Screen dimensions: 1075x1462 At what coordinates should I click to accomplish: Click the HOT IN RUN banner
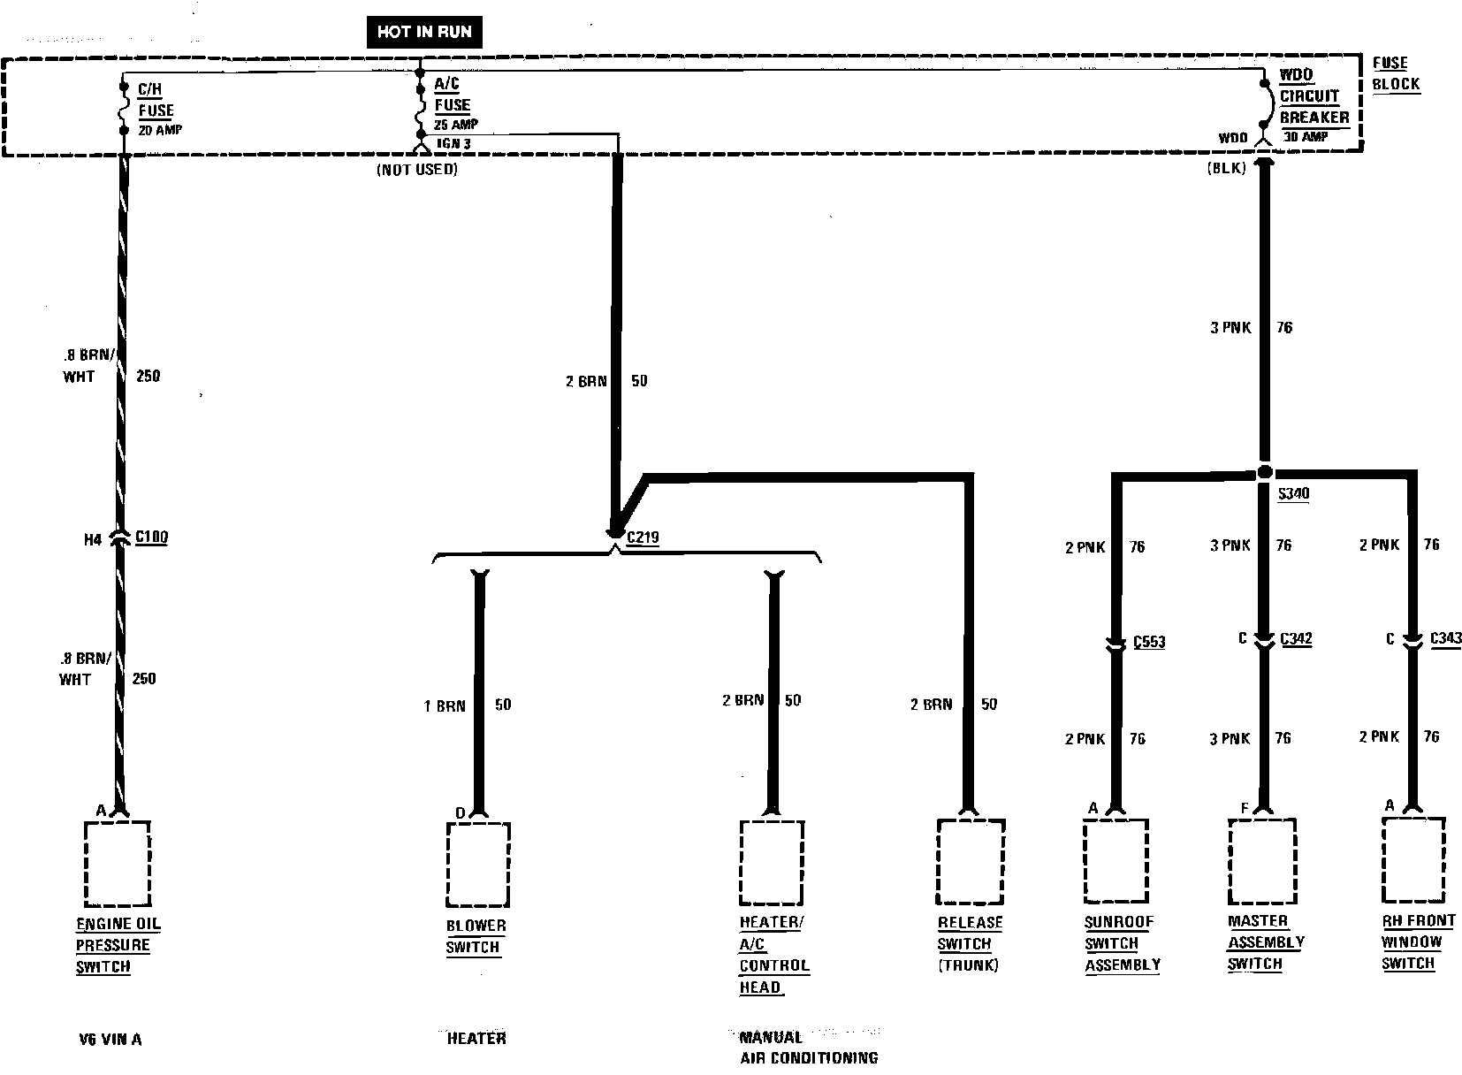tap(424, 33)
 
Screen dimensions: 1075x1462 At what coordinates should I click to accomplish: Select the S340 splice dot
tap(1265, 472)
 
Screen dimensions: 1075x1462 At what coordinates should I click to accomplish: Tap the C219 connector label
tap(643, 537)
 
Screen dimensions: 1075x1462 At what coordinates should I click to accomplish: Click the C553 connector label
tap(1149, 642)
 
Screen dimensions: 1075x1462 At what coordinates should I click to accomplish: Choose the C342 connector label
tap(1296, 638)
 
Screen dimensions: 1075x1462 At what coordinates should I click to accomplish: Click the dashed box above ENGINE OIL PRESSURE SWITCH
tap(117, 864)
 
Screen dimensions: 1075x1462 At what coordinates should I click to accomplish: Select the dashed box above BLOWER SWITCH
tap(477, 865)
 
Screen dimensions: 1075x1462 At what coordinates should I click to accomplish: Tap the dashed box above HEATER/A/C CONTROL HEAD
tap(772, 862)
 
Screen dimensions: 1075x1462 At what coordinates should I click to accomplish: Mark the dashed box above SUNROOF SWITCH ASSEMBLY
tap(1116, 860)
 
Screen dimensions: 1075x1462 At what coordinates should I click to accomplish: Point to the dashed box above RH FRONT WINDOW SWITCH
tap(1413, 858)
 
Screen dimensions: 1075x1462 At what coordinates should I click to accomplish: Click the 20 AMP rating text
tap(160, 130)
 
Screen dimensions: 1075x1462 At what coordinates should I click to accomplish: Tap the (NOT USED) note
tap(416, 169)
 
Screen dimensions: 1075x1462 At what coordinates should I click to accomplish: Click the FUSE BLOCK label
tap(1396, 74)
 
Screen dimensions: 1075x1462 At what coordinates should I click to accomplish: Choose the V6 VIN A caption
tap(110, 1039)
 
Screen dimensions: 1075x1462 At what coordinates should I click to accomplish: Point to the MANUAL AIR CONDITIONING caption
tap(808, 1047)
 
